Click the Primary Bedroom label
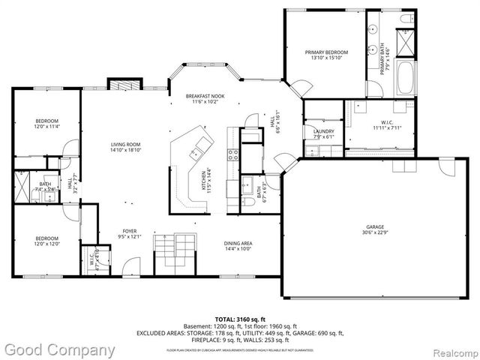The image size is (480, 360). tap(323, 53)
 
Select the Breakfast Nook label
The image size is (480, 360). tap(205, 96)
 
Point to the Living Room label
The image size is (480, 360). tap(127, 145)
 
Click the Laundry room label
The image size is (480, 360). tap(323, 131)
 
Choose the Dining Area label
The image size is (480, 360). tap(238, 243)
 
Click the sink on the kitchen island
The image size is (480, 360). tap(196, 153)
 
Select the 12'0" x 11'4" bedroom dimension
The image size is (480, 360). tap(46, 127)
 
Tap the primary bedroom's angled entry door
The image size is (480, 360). tap(296, 89)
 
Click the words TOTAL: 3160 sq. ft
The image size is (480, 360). tap(240, 319)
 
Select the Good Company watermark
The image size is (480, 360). tap(59, 349)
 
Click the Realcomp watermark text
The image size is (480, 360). tap(454, 350)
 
